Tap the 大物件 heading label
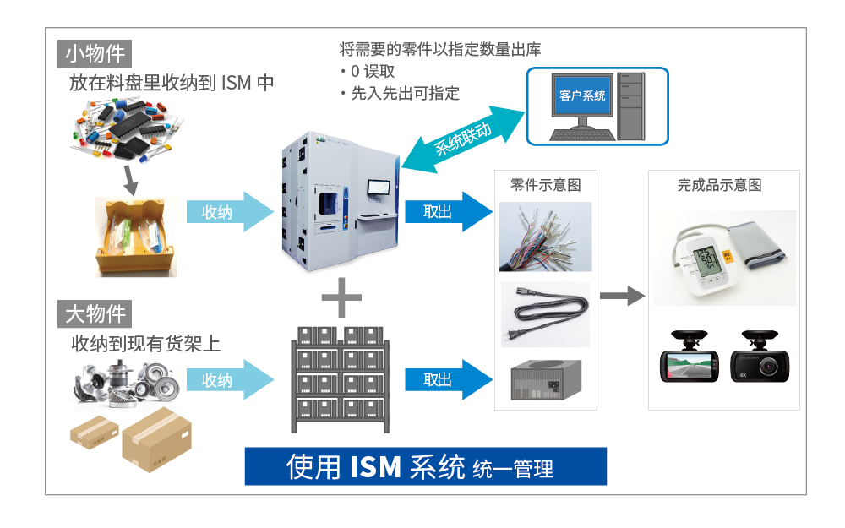click(95, 314)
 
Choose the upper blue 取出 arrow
click(448, 212)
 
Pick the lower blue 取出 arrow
click(448, 380)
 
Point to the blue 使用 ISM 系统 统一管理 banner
click(425, 466)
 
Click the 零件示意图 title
click(546, 185)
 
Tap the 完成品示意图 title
click(720, 185)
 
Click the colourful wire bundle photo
click(545, 236)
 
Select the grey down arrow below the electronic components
click(130, 177)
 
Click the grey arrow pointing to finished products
click(621, 296)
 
